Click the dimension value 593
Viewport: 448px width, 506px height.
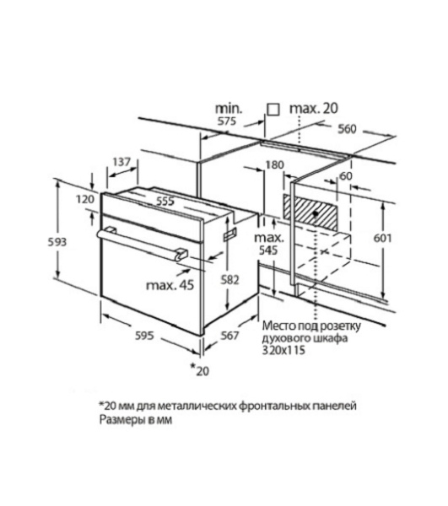[x=57, y=242]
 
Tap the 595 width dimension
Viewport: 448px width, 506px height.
[x=144, y=336]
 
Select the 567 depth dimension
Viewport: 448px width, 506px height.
[x=229, y=336]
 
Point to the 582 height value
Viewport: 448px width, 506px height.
[x=229, y=279]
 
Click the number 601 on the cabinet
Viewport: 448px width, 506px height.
[x=382, y=238]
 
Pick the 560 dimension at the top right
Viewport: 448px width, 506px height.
[x=347, y=129]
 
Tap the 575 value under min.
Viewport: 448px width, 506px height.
[x=227, y=121]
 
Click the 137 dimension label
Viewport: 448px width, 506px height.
[x=121, y=162]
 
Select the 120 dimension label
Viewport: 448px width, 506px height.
[x=85, y=199]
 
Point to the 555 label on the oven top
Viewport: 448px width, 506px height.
[x=165, y=201]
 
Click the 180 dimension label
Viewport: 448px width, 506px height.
[x=274, y=165]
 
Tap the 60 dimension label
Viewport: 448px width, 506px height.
[x=346, y=176]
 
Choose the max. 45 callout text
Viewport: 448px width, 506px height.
[x=170, y=285]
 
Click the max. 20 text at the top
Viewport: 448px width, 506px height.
[x=314, y=109]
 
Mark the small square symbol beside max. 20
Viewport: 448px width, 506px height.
[x=273, y=110]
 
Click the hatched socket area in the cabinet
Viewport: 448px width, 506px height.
[x=310, y=212]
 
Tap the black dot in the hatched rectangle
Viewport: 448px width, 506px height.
[x=316, y=213]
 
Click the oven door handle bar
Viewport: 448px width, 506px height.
[x=142, y=242]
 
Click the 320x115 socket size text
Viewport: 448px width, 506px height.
[x=283, y=350]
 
